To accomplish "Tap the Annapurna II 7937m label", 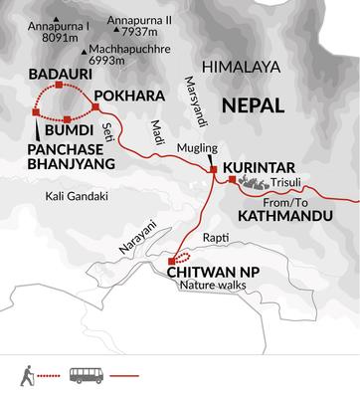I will click(x=144, y=26).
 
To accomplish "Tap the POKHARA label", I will click(x=126, y=96).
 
